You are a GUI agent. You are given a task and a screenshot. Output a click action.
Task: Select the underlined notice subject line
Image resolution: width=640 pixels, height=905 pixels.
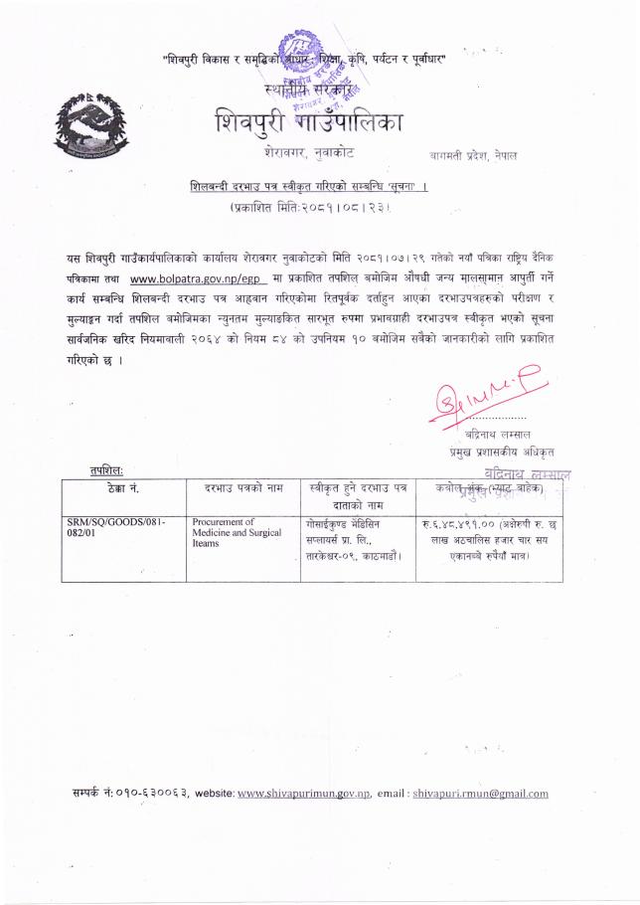point(316,187)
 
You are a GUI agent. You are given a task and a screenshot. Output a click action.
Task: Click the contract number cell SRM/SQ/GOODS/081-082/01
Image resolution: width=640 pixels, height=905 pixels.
point(111,527)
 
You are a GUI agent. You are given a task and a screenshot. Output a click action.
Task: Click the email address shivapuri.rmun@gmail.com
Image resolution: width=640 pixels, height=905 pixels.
point(481,794)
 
